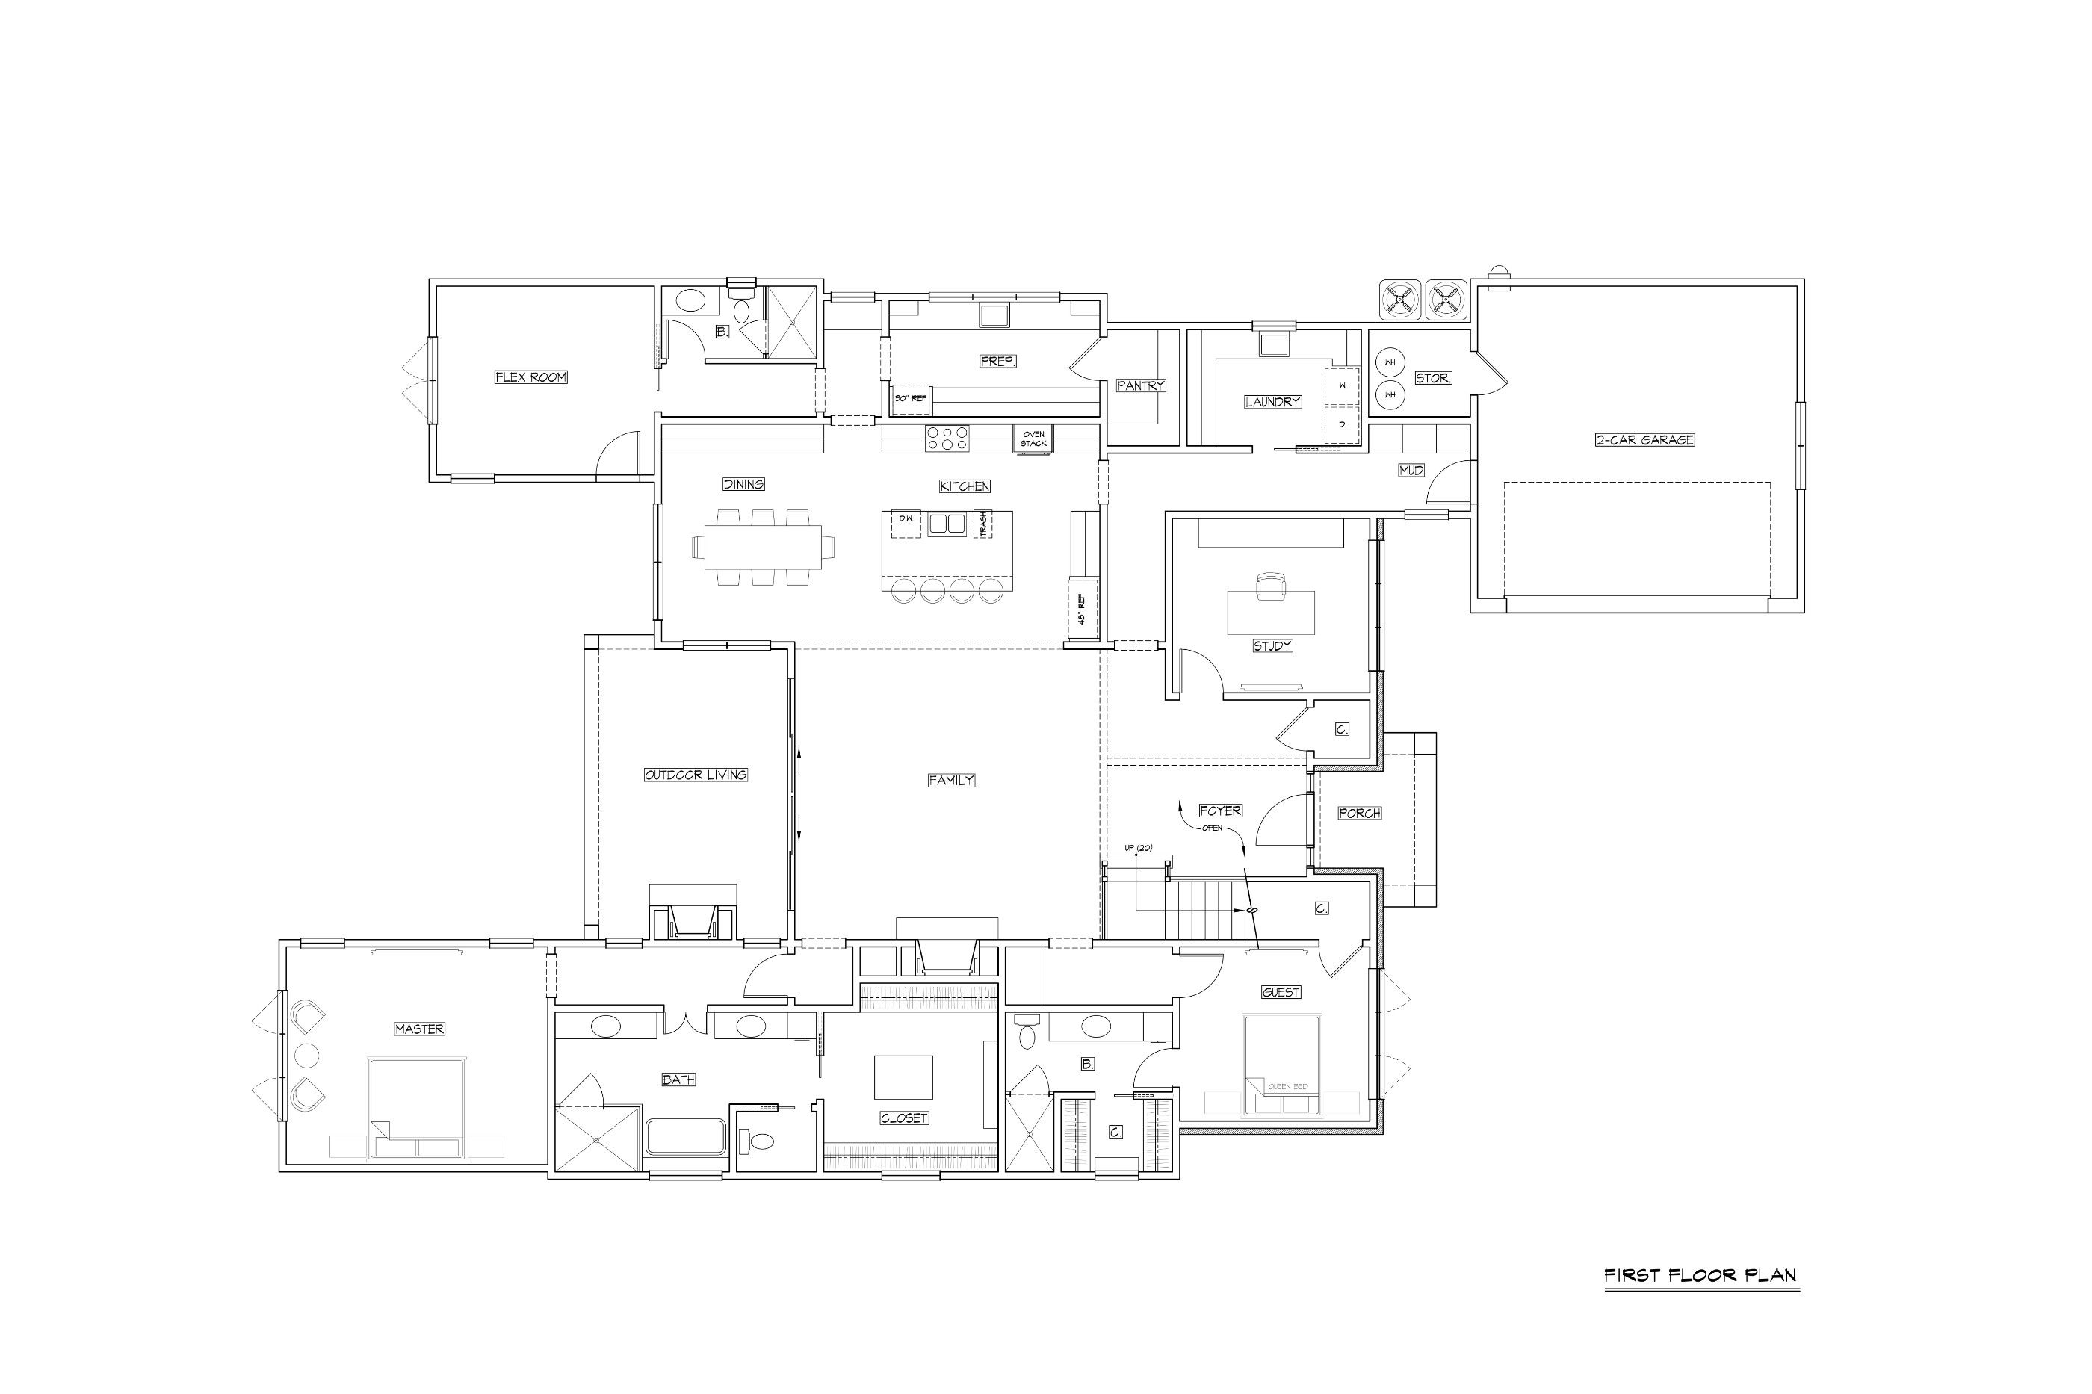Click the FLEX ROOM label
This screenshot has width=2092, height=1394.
pyautogui.click(x=530, y=377)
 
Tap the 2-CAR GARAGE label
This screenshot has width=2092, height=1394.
pyautogui.click(x=1644, y=439)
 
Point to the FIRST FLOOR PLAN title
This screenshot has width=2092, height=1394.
pyautogui.click(x=1700, y=1276)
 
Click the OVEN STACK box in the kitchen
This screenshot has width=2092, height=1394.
pyautogui.click(x=1033, y=439)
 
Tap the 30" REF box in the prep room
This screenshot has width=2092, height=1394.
pyautogui.click(x=911, y=398)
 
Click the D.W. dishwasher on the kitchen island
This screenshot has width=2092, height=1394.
pyautogui.click(x=906, y=524)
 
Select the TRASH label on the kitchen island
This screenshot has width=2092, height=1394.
pyautogui.click(x=982, y=524)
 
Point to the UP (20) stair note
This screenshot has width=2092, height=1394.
pyautogui.click(x=1138, y=848)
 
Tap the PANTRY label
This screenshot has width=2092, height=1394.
pyautogui.click(x=1141, y=385)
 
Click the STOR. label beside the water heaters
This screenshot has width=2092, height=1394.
pyautogui.click(x=1433, y=378)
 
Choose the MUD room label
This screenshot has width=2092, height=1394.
pyautogui.click(x=1412, y=471)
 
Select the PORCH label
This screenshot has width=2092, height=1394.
pyautogui.click(x=1359, y=813)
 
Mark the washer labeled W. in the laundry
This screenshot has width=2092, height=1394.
pyautogui.click(x=1343, y=385)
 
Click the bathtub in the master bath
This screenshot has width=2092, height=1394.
pyautogui.click(x=685, y=1137)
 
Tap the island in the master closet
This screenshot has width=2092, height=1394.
pyautogui.click(x=903, y=1077)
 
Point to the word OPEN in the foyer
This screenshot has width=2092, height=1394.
pyautogui.click(x=1212, y=828)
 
